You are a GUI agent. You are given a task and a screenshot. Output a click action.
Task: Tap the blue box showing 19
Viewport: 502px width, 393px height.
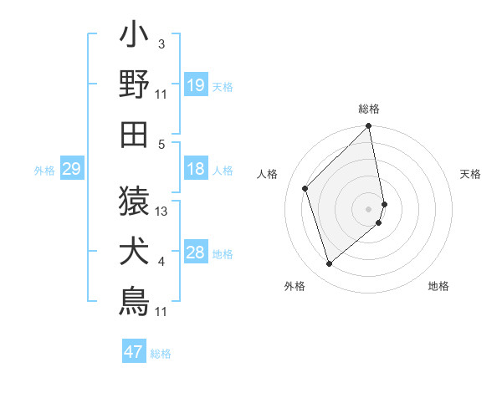click(196, 84)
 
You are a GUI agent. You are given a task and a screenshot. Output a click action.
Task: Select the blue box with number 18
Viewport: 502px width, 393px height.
click(196, 169)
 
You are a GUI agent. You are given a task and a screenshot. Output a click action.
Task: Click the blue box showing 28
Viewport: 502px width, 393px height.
click(196, 253)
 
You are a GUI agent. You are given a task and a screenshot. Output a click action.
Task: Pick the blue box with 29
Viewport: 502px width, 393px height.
click(71, 170)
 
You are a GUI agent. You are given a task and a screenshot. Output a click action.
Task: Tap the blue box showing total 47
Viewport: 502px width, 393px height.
click(134, 351)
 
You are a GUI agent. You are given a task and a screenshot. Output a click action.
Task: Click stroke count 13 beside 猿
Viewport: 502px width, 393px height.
click(162, 212)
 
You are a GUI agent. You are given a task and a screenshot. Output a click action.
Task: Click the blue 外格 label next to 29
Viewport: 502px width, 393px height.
click(44, 171)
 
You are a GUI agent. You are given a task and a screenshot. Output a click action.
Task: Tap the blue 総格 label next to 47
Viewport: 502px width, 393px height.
click(161, 353)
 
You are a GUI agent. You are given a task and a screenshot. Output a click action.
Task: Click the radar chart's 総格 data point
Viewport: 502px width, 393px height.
click(369, 127)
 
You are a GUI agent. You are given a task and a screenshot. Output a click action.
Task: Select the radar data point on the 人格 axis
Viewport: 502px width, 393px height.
click(305, 188)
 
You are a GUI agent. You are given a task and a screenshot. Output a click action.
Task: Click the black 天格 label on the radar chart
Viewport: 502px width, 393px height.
click(471, 174)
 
